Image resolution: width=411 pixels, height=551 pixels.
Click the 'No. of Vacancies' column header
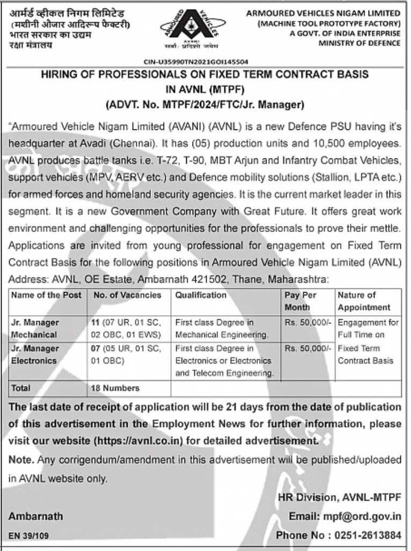pos(127,295)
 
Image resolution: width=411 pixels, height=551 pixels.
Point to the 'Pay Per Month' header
pos(301,301)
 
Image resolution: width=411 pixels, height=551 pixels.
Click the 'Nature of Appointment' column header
pos(364,301)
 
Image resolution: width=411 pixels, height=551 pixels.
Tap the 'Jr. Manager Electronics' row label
pos(35,354)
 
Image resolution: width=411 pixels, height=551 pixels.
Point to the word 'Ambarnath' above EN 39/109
pos(35,517)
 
